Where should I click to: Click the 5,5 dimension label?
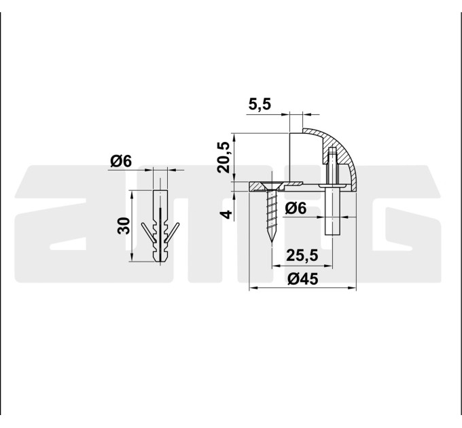[260, 104]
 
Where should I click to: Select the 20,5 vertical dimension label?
[223, 158]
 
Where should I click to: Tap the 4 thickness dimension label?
[226, 214]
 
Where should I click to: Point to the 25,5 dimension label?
[302, 255]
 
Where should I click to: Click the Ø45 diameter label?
[303, 279]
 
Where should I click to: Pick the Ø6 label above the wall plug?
[121, 162]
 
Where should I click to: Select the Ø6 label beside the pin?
[296, 209]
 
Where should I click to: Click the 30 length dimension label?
[124, 226]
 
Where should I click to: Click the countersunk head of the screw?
[271, 186]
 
